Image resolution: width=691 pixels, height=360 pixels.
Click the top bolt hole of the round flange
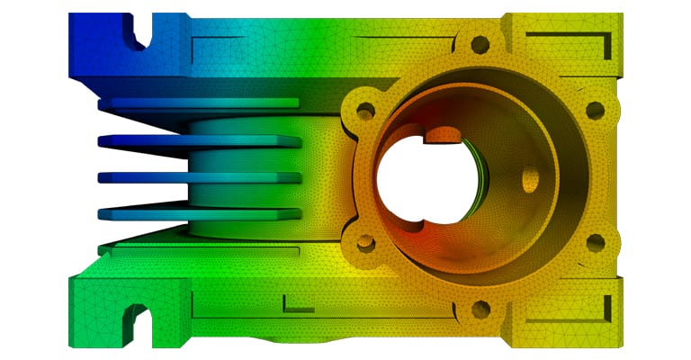480,41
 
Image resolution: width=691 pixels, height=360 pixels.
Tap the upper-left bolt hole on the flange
365,110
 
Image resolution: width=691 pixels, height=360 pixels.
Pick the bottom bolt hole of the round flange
480,310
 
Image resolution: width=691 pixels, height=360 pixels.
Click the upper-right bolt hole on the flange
595,110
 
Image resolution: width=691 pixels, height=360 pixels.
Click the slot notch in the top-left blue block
135,34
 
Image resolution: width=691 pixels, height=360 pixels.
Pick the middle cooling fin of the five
198,177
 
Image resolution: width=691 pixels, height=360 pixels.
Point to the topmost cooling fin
198,103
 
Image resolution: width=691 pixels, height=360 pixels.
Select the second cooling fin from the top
198,141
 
